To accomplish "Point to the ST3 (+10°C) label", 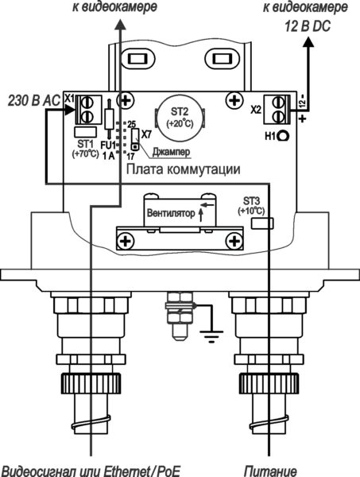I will click(251, 206).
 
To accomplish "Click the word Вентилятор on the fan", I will click(170, 212).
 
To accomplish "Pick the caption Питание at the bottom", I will click(265, 467).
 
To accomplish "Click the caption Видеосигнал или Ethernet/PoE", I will click(90, 467).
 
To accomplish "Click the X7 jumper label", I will click(147, 134).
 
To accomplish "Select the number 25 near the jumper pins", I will click(132, 124).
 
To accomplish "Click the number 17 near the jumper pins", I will click(131, 157).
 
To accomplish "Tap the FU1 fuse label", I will click(108, 146).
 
